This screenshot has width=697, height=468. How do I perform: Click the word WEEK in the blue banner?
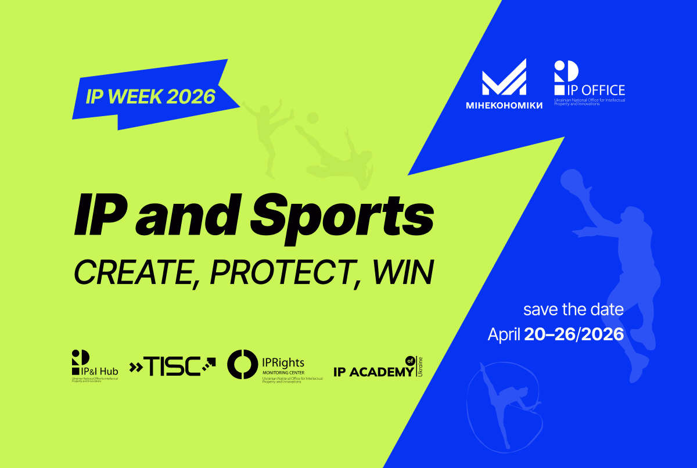[x=135, y=96]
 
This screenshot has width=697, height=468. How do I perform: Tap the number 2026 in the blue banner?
[x=191, y=96]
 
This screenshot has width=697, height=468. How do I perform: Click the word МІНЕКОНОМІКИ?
[x=504, y=105]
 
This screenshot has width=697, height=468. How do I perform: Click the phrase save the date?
[x=573, y=309]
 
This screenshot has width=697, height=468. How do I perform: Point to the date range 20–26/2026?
[x=574, y=334]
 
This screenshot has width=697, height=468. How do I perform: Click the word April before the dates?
[x=504, y=334]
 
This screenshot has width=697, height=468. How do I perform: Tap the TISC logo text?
[x=172, y=366]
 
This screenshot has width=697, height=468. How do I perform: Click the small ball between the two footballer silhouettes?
[x=312, y=118]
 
